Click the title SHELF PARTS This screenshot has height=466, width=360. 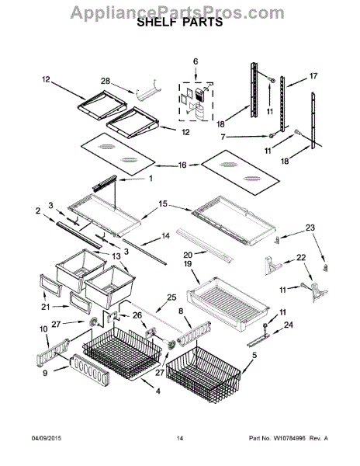point(179,24)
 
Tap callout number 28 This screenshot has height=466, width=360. point(106,80)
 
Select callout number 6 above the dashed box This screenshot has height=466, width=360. point(196,61)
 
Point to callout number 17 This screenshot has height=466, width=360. point(313,76)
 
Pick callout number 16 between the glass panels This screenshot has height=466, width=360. point(182,165)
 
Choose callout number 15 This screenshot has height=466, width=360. point(163,203)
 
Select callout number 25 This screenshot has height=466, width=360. point(171,297)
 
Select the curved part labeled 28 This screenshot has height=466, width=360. point(146,92)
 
